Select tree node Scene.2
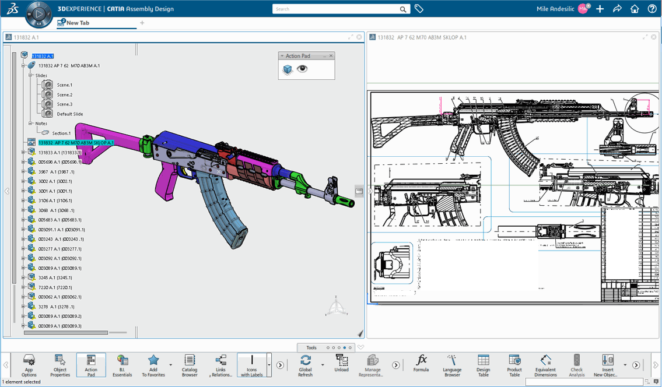coord(64,94)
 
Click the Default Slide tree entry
coord(69,114)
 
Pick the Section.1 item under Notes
coord(61,133)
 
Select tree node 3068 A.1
coord(56,210)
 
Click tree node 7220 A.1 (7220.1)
coord(55,287)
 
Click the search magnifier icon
coord(402,9)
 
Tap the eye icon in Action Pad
coord(302,69)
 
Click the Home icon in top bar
coord(635,9)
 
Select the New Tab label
coord(78,23)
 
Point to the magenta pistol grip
coord(169,185)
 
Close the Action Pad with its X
coord(331,56)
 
